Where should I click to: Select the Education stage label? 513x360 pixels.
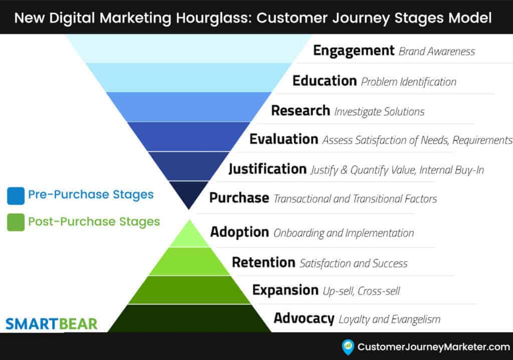[x=325, y=81]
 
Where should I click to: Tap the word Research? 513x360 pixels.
[x=301, y=110]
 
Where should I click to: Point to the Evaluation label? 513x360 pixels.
[x=284, y=139]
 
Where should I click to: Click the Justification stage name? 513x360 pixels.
[x=268, y=169]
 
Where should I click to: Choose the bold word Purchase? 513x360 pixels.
[x=239, y=198]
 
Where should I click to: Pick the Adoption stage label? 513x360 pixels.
[x=239, y=232]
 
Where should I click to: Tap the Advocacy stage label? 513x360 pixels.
[x=304, y=318]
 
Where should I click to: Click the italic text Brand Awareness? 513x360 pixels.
[x=437, y=52]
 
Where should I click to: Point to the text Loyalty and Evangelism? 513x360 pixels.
[x=389, y=319]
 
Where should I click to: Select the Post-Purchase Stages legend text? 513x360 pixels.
[x=94, y=221]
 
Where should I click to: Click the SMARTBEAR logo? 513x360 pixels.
[x=52, y=324]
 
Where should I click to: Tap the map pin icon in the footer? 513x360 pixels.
[x=347, y=347]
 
